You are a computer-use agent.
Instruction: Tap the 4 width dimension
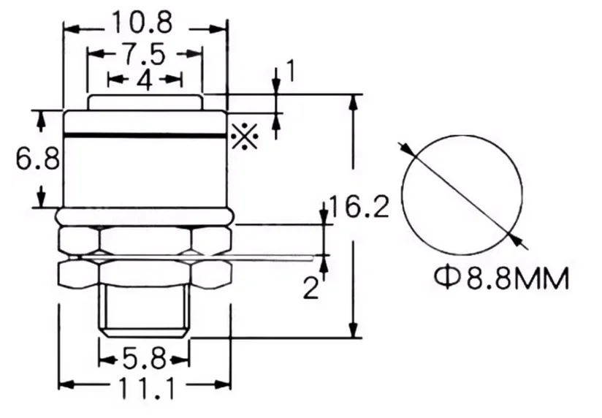(145, 80)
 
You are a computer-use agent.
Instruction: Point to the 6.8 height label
(38, 158)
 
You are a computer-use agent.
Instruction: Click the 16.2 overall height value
(359, 207)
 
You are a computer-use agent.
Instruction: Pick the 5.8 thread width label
(145, 360)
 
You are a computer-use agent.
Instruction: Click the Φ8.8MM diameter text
(502, 278)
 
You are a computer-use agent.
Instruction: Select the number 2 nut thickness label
(311, 288)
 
